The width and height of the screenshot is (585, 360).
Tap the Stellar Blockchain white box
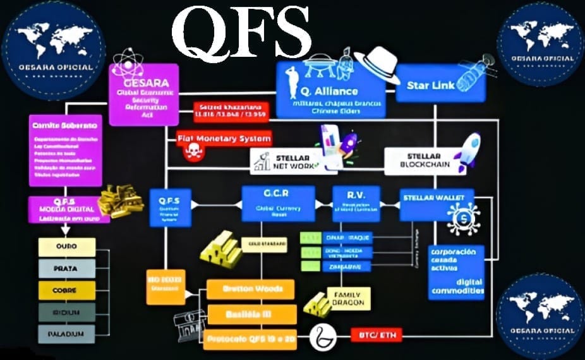pyautogui.click(x=420, y=161)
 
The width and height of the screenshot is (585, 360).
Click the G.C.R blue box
pyautogui.click(x=278, y=202)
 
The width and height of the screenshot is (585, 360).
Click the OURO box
pyautogui.click(x=67, y=247)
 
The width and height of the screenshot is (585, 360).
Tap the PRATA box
pyautogui.click(x=67, y=268)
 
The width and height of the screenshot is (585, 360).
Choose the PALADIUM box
pyautogui.click(x=67, y=333)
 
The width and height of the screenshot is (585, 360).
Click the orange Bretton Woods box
pyautogui.click(x=251, y=289)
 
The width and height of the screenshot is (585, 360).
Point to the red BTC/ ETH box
pyautogui.click(x=377, y=335)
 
